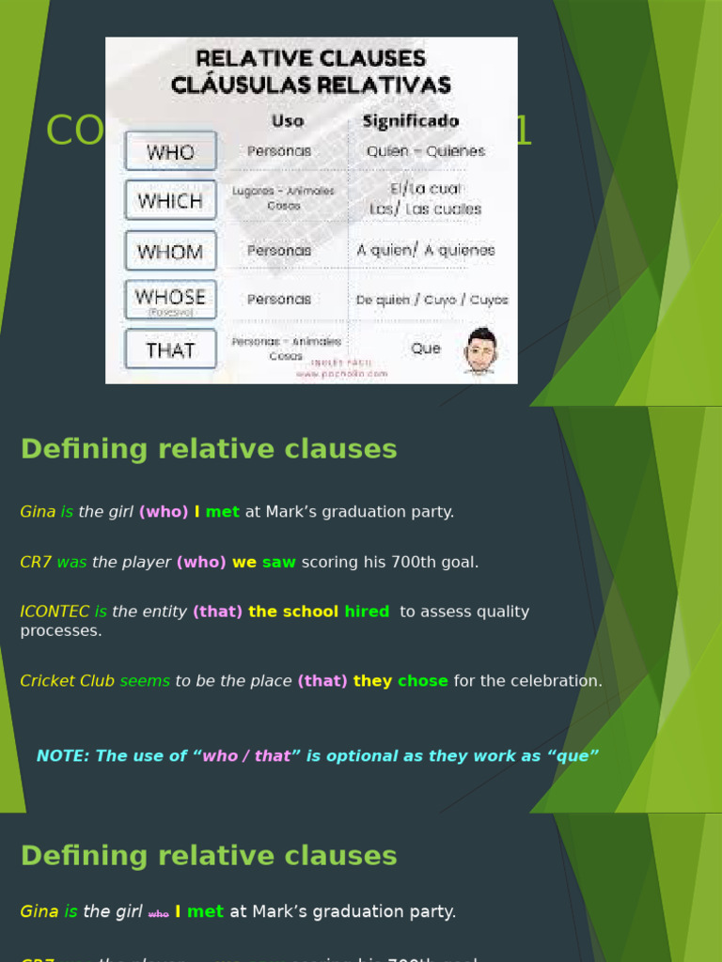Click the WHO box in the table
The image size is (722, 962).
point(170,151)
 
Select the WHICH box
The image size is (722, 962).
point(170,201)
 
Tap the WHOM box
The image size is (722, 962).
point(170,251)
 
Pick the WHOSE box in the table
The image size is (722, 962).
point(170,299)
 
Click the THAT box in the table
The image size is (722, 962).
point(170,349)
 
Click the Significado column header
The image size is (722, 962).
point(410,121)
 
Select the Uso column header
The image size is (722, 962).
point(287,121)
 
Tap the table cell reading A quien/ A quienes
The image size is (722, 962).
point(425,250)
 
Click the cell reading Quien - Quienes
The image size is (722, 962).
point(425,151)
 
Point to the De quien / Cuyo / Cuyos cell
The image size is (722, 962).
point(432,300)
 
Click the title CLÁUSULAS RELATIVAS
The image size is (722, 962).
point(310,85)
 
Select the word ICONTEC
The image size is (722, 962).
point(55,612)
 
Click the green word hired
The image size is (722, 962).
point(367,612)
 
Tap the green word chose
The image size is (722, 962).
point(423,681)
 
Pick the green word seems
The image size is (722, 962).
point(145,681)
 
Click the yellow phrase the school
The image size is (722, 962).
point(293,612)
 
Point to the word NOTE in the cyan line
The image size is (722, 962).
point(61,756)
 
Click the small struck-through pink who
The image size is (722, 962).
point(159,913)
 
